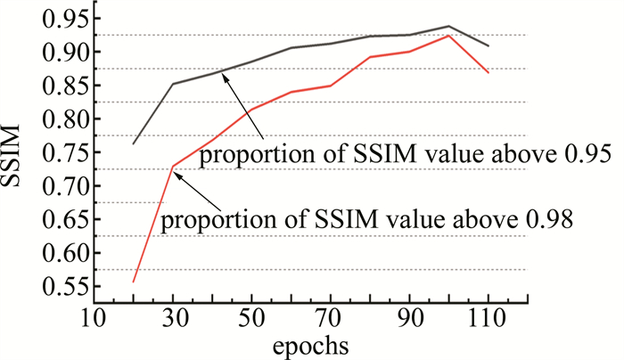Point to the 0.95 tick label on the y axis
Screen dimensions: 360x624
[64, 20]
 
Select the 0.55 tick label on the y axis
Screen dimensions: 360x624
[64, 287]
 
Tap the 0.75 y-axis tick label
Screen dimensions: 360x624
[64, 153]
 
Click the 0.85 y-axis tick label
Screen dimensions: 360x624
[64, 87]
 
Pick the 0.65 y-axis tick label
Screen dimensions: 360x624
[64, 220]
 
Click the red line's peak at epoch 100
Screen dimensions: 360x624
[448, 35]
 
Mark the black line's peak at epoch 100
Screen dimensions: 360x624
[448, 27]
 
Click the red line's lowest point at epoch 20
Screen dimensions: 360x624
[134, 282]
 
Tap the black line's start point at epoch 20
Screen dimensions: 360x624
[134, 143]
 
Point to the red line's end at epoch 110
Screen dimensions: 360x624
[488, 72]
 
